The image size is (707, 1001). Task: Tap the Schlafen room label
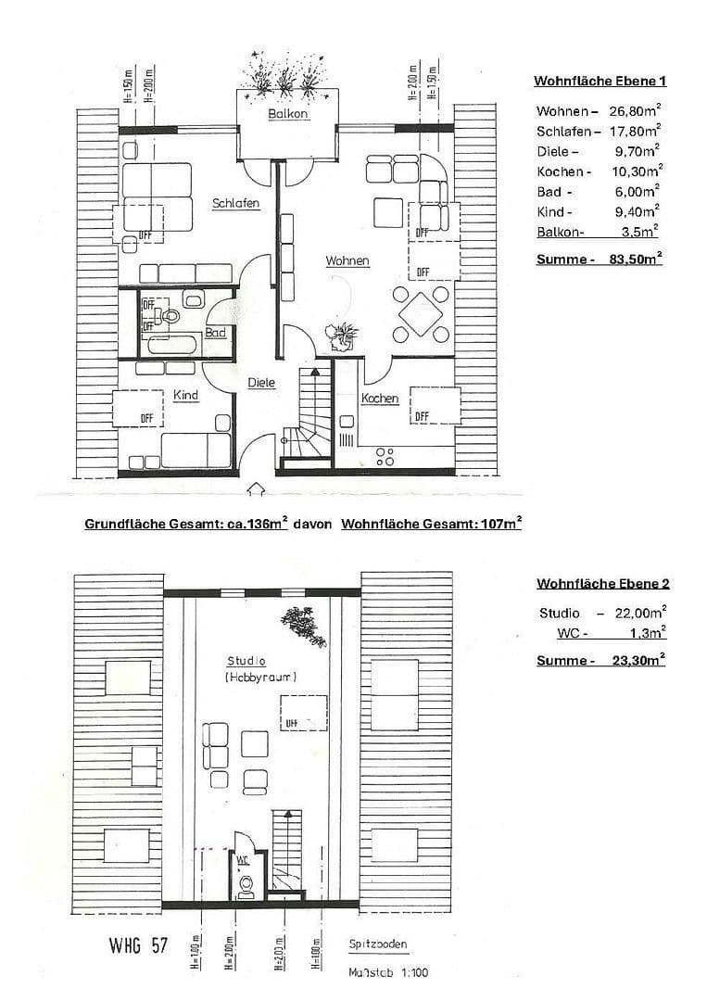pos(235,204)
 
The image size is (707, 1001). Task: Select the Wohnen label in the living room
pos(347,261)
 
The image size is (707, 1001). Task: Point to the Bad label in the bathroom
pos(216,332)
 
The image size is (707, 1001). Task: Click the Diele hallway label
pos(261,382)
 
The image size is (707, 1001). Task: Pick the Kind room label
pos(186,396)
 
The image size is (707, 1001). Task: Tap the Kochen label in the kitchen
pos(380,399)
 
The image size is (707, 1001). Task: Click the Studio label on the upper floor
pos(246,662)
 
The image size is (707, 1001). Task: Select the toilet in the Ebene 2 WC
pos(246,887)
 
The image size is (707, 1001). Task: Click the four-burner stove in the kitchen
pos(385,456)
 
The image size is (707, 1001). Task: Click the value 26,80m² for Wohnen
pos(634,111)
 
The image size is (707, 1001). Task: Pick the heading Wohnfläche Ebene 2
pos(602,584)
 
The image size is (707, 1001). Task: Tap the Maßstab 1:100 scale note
pos(388,973)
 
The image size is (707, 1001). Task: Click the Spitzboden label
pos(378,945)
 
